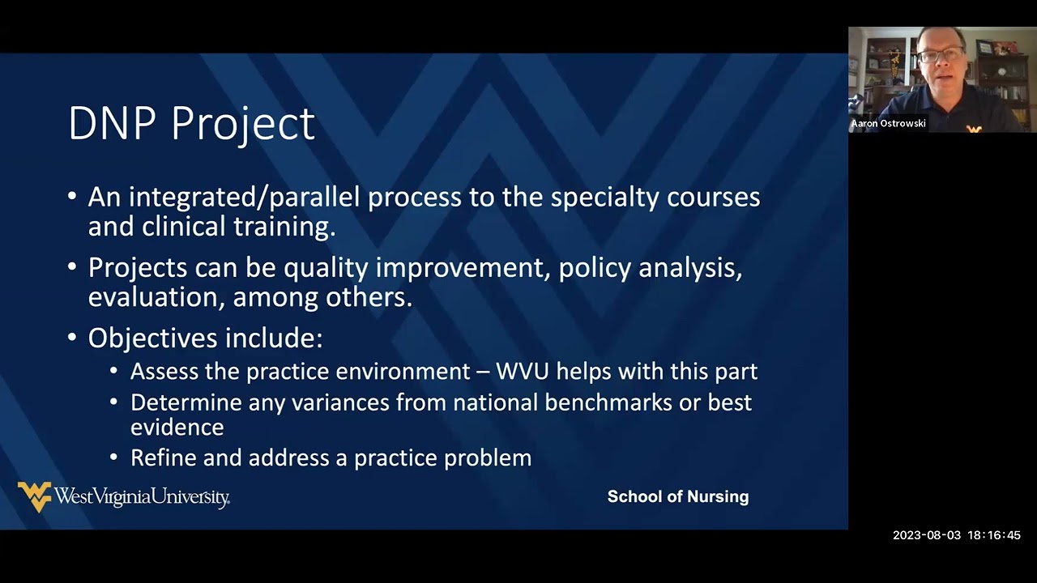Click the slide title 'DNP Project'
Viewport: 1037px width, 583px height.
(x=191, y=124)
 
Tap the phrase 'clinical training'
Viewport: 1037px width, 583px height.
(x=238, y=227)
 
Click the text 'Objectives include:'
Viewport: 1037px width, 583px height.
(x=205, y=338)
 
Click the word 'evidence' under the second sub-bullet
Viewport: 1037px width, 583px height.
(x=177, y=428)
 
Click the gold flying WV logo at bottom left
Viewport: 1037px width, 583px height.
(x=34, y=496)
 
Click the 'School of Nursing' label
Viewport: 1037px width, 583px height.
(x=678, y=497)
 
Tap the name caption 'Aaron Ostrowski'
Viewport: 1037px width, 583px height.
(x=888, y=124)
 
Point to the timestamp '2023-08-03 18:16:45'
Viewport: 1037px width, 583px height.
(x=956, y=535)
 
